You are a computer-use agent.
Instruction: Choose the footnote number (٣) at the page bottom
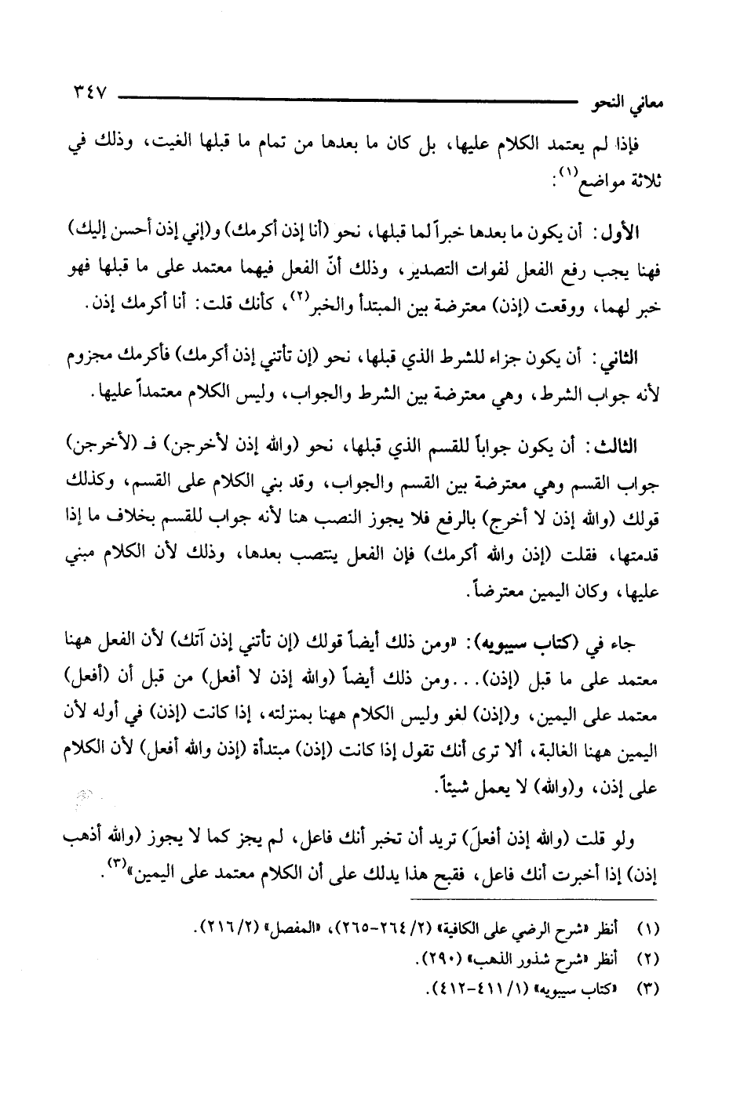[647, 986]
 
